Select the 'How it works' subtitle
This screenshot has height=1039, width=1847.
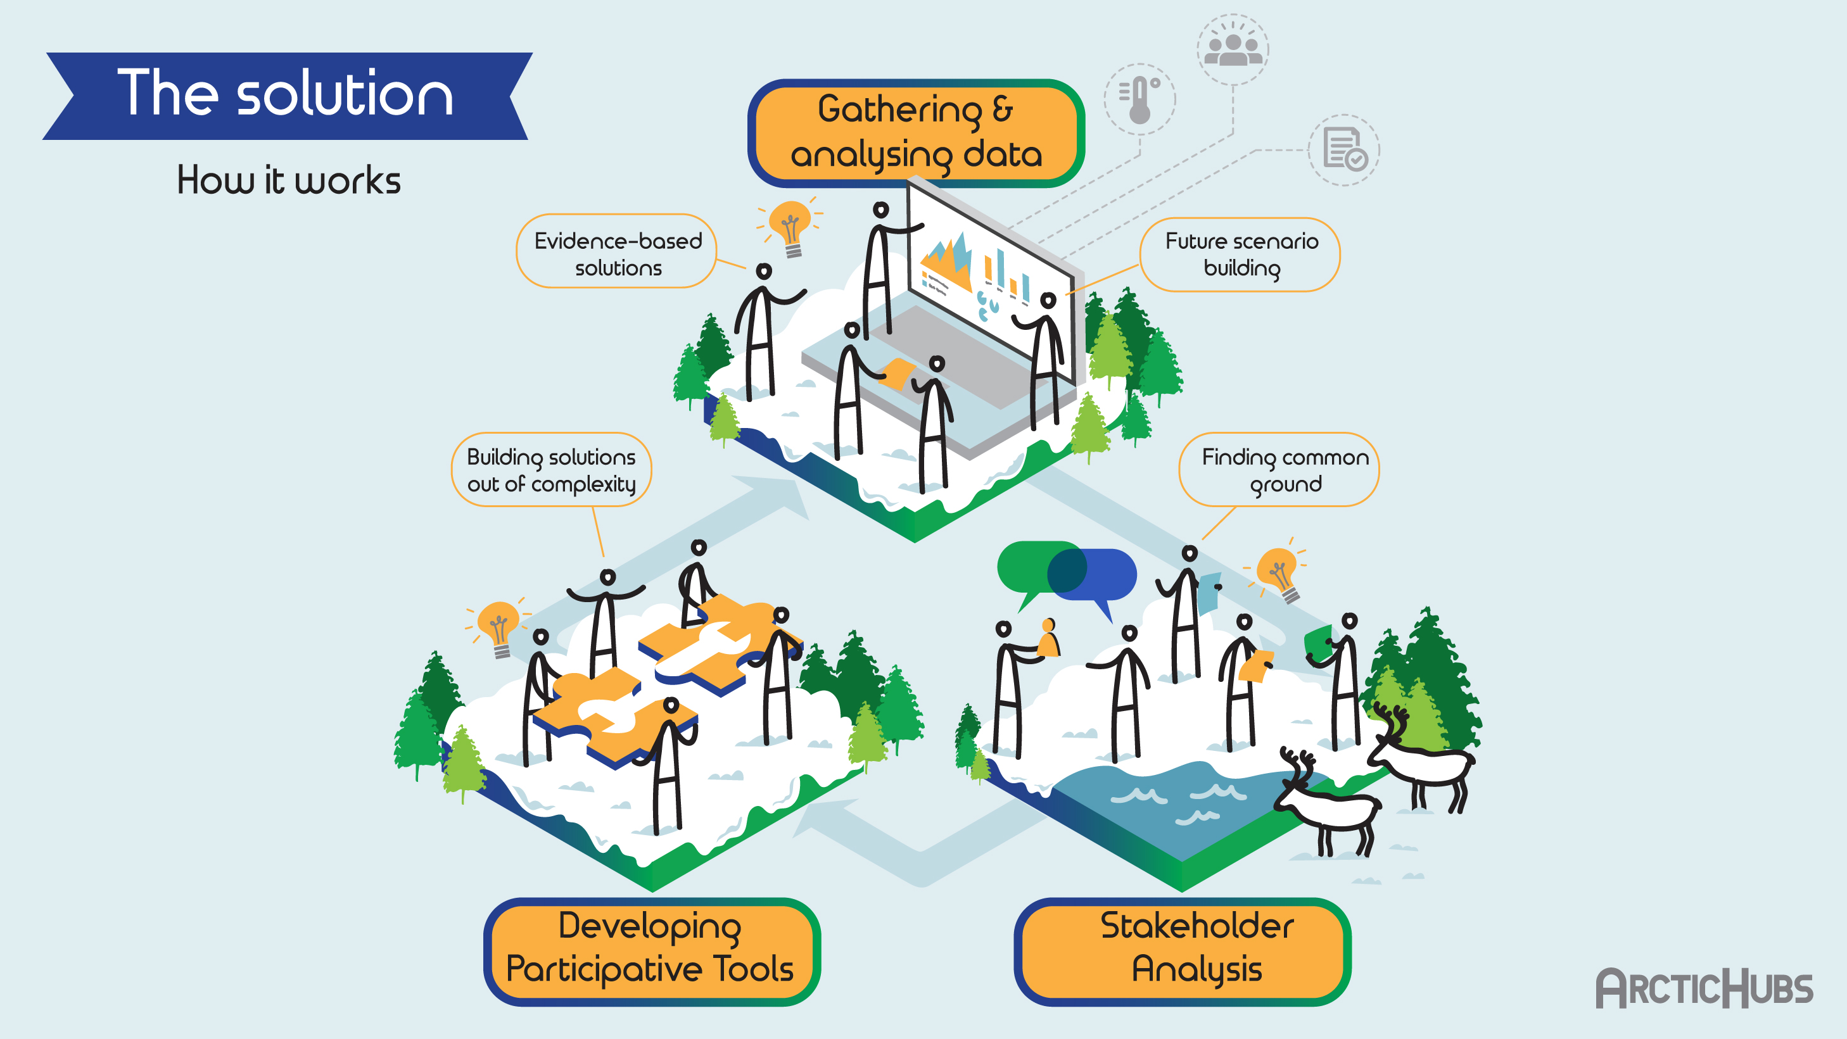pyautogui.click(x=288, y=180)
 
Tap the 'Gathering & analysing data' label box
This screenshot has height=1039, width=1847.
pyautogui.click(x=916, y=132)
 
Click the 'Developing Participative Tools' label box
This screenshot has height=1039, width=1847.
pyautogui.click(x=651, y=948)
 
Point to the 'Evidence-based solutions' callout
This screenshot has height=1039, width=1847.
pyautogui.click(x=618, y=253)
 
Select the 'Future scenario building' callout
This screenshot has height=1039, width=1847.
pyautogui.click(x=1240, y=255)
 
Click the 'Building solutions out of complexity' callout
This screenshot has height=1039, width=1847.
pyautogui.click(x=550, y=470)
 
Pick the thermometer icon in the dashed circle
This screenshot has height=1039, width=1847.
pyautogui.click(x=1139, y=99)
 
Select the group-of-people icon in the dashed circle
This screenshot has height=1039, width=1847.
pyautogui.click(x=1233, y=49)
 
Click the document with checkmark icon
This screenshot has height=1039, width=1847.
pyautogui.click(x=1343, y=150)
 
